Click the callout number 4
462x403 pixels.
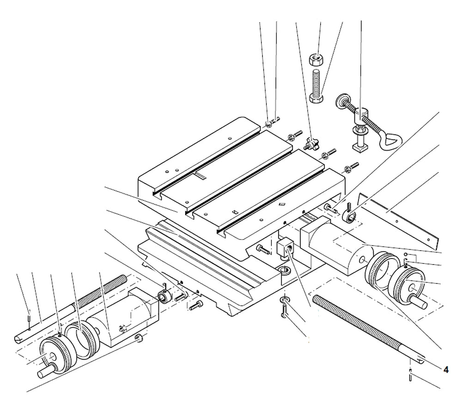(x=446, y=369)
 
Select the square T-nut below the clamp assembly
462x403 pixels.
(x=359, y=147)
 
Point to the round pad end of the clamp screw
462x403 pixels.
(x=341, y=100)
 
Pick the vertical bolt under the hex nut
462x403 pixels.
(x=316, y=86)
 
